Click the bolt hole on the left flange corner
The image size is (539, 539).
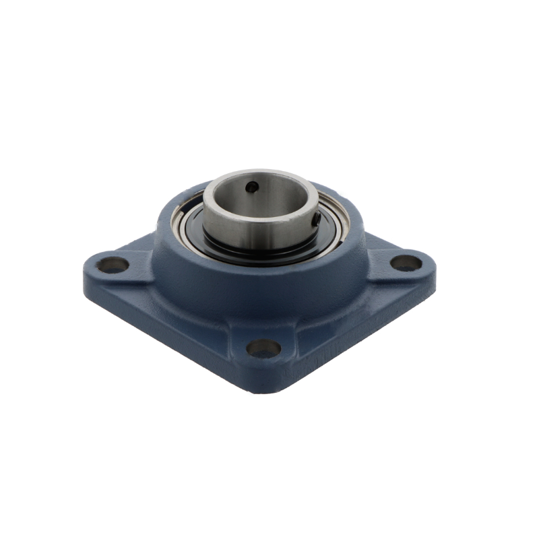click(113, 264)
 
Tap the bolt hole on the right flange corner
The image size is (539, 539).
click(406, 263)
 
